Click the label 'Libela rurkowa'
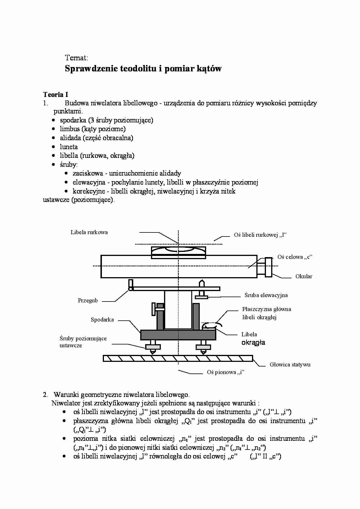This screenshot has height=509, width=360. [89, 232]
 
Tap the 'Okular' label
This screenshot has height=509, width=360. [304, 276]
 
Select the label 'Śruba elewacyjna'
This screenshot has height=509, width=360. [266, 295]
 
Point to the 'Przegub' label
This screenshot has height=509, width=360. [88, 300]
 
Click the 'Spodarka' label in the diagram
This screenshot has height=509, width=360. [102, 320]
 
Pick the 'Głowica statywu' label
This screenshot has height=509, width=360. [290, 364]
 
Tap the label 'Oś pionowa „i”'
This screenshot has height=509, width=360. [226, 372]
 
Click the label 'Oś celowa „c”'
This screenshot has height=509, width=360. [295, 257]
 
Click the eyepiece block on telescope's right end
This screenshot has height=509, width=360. [268, 267]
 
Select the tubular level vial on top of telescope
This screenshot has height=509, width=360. [178, 252]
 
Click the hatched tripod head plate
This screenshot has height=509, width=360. [178, 358]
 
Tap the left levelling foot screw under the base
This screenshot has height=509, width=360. [153, 347]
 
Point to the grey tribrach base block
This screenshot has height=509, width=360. [178, 335]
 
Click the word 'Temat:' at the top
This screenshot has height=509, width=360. [76, 58]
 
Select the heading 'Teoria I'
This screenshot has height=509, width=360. [55, 94]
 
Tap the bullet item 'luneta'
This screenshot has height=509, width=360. [69, 147]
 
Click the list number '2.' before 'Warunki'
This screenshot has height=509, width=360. [45, 395]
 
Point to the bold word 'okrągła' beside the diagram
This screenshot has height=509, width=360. [253, 342]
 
